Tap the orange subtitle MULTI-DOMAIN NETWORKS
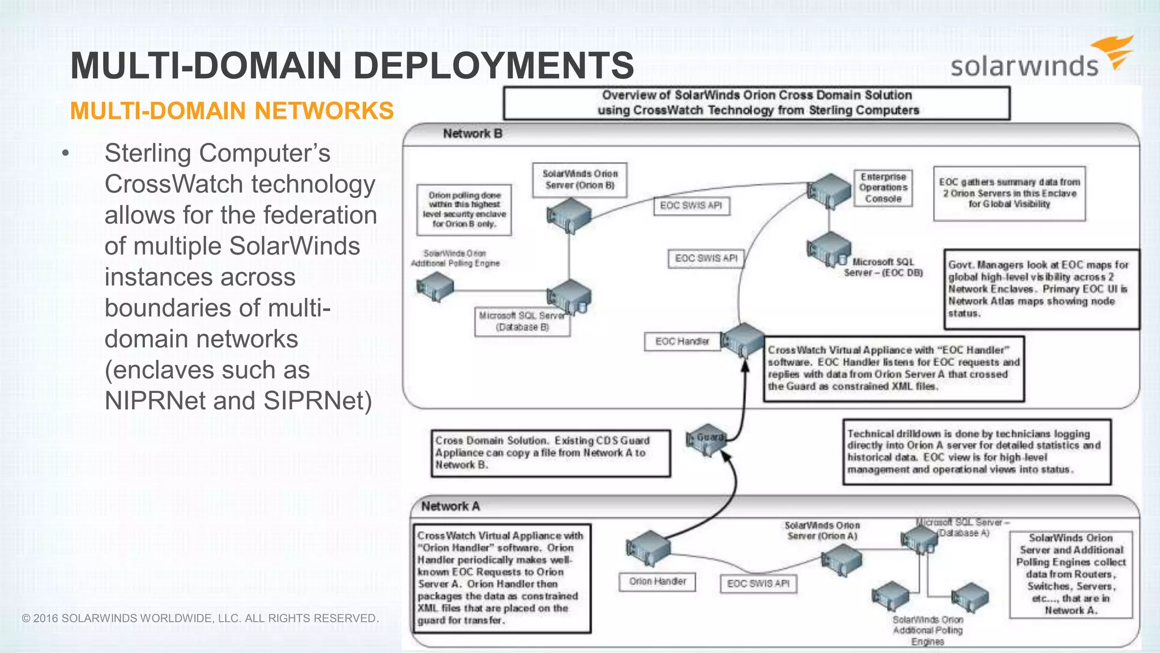(232, 111)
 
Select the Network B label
(472, 134)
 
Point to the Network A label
(450, 506)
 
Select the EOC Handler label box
(682, 342)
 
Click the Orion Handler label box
(657, 582)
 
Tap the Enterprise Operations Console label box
(883, 188)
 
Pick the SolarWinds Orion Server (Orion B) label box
(580, 180)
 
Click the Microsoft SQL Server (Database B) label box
(522, 322)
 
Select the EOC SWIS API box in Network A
(758, 584)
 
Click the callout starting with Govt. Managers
(1041, 289)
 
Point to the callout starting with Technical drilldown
(976, 452)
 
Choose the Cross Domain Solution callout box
(550, 453)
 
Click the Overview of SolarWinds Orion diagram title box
(757, 103)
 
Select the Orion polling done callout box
(464, 210)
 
